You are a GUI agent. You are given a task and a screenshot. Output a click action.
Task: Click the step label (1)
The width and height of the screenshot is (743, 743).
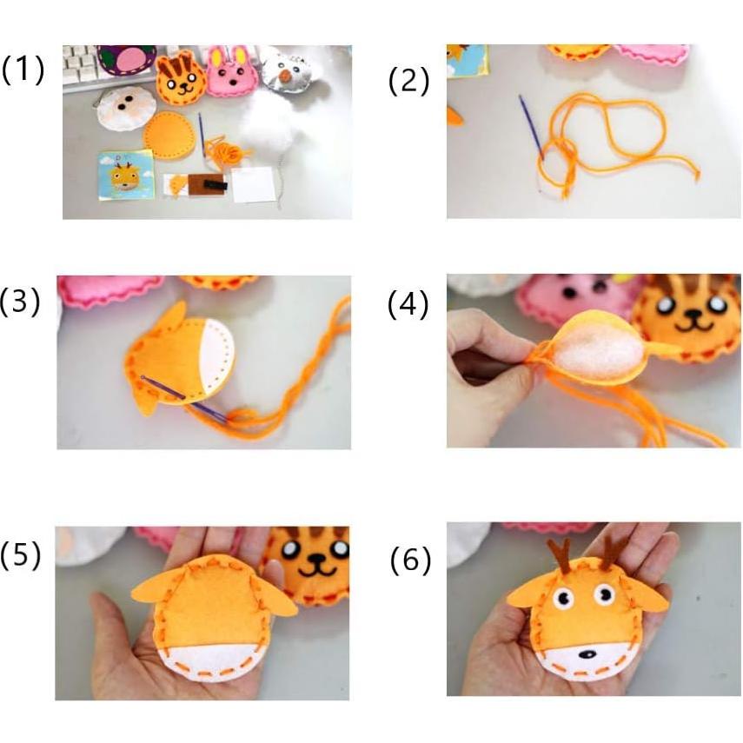click(x=23, y=69)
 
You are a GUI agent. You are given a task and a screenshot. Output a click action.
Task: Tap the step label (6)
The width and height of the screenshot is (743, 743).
click(x=409, y=561)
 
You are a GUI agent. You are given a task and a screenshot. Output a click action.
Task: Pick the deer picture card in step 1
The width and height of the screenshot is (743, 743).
click(x=126, y=173)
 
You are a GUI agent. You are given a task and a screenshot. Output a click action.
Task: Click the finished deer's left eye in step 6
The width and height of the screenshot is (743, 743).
click(x=561, y=599)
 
